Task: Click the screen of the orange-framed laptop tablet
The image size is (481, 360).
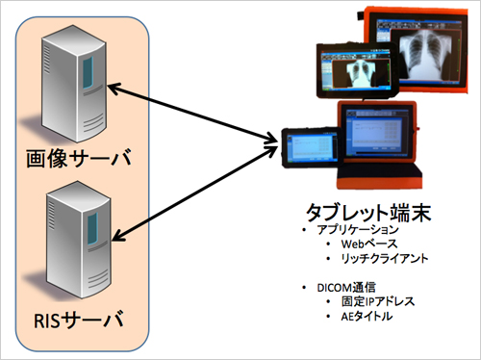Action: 377,138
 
